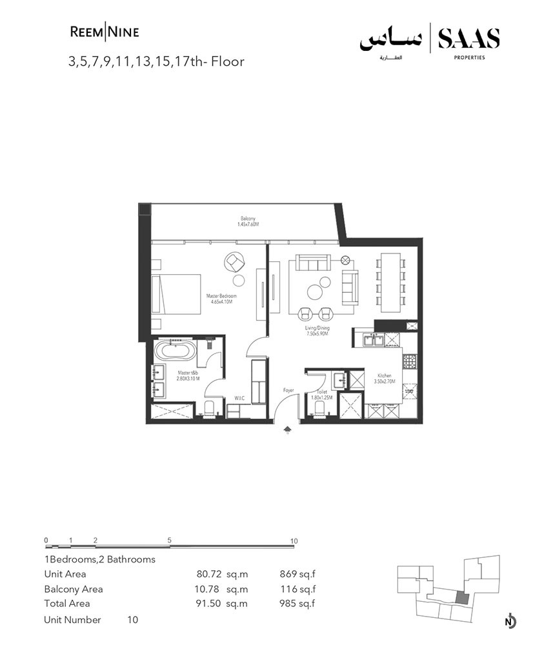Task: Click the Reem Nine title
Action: (x=104, y=32)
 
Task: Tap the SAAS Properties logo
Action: (x=430, y=42)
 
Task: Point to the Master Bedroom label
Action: (x=221, y=299)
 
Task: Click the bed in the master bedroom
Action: (x=176, y=293)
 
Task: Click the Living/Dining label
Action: (x=317, y=332)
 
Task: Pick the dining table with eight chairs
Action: (x=391, y=281)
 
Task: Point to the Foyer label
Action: (x=289, y=391)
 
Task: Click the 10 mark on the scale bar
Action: (x=294, y=541)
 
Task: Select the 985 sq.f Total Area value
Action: (x=297, y=604)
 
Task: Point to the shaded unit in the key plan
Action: (x=461, y=598)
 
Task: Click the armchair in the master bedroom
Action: (x=234, y=262)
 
